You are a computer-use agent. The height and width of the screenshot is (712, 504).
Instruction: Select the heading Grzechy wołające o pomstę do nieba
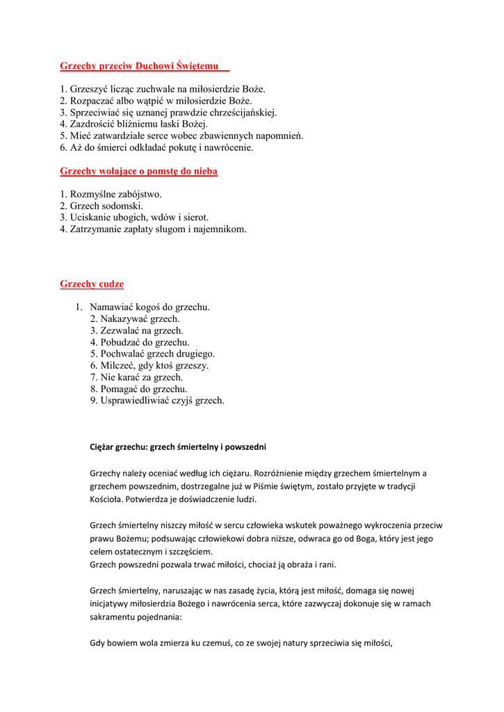click(x=138, y=171)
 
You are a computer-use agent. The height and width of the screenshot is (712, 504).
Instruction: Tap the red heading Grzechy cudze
click(x=92, y=284)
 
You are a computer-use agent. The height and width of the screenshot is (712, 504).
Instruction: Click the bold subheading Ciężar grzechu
click(x=178, y=446)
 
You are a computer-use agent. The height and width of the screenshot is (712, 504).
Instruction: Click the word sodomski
click(x=122, y=207)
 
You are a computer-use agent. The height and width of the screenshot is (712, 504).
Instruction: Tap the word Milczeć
click(x=118, y=366)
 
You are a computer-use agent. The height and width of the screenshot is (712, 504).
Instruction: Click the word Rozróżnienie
click(x=309, y=474)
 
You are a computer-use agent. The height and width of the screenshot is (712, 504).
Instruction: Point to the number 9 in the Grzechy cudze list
click(x=93, y=401)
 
